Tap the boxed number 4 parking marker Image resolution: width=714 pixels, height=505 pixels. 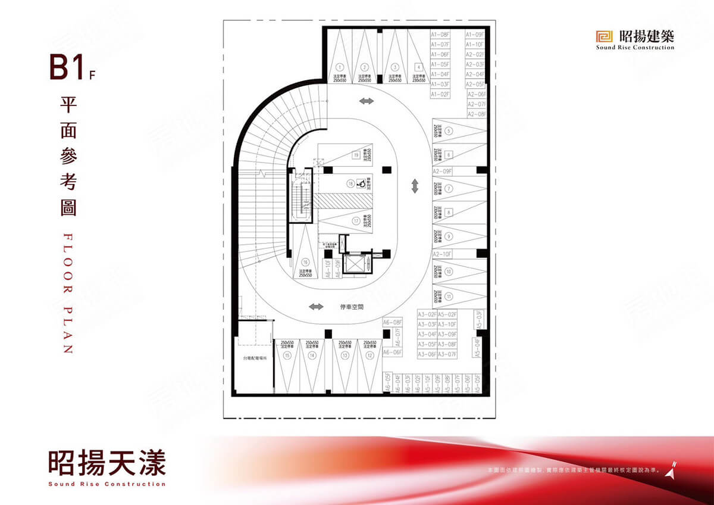419,67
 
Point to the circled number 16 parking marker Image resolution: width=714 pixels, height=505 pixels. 306,261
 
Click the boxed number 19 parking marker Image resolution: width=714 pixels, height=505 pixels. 356,155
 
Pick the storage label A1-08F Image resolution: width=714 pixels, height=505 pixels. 440,35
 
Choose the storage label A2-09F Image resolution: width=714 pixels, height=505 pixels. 443,171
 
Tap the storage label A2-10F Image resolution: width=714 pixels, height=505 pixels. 443,254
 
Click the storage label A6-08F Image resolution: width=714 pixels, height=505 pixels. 393,322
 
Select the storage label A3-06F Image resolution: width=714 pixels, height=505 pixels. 427,354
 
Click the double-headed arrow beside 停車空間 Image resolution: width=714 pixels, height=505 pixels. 315,307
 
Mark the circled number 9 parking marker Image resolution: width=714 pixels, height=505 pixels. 449,236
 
